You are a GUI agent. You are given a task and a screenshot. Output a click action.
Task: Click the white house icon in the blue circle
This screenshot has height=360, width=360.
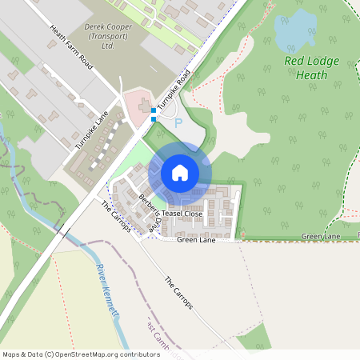pos(180,173)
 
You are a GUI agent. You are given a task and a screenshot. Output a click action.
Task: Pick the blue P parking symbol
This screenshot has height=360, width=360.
pos(178,123)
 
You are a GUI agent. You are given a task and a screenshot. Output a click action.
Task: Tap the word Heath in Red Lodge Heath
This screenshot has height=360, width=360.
pos(312,75)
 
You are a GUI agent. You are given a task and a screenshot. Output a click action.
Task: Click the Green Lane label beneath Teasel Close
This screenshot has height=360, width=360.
pos(197,239)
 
